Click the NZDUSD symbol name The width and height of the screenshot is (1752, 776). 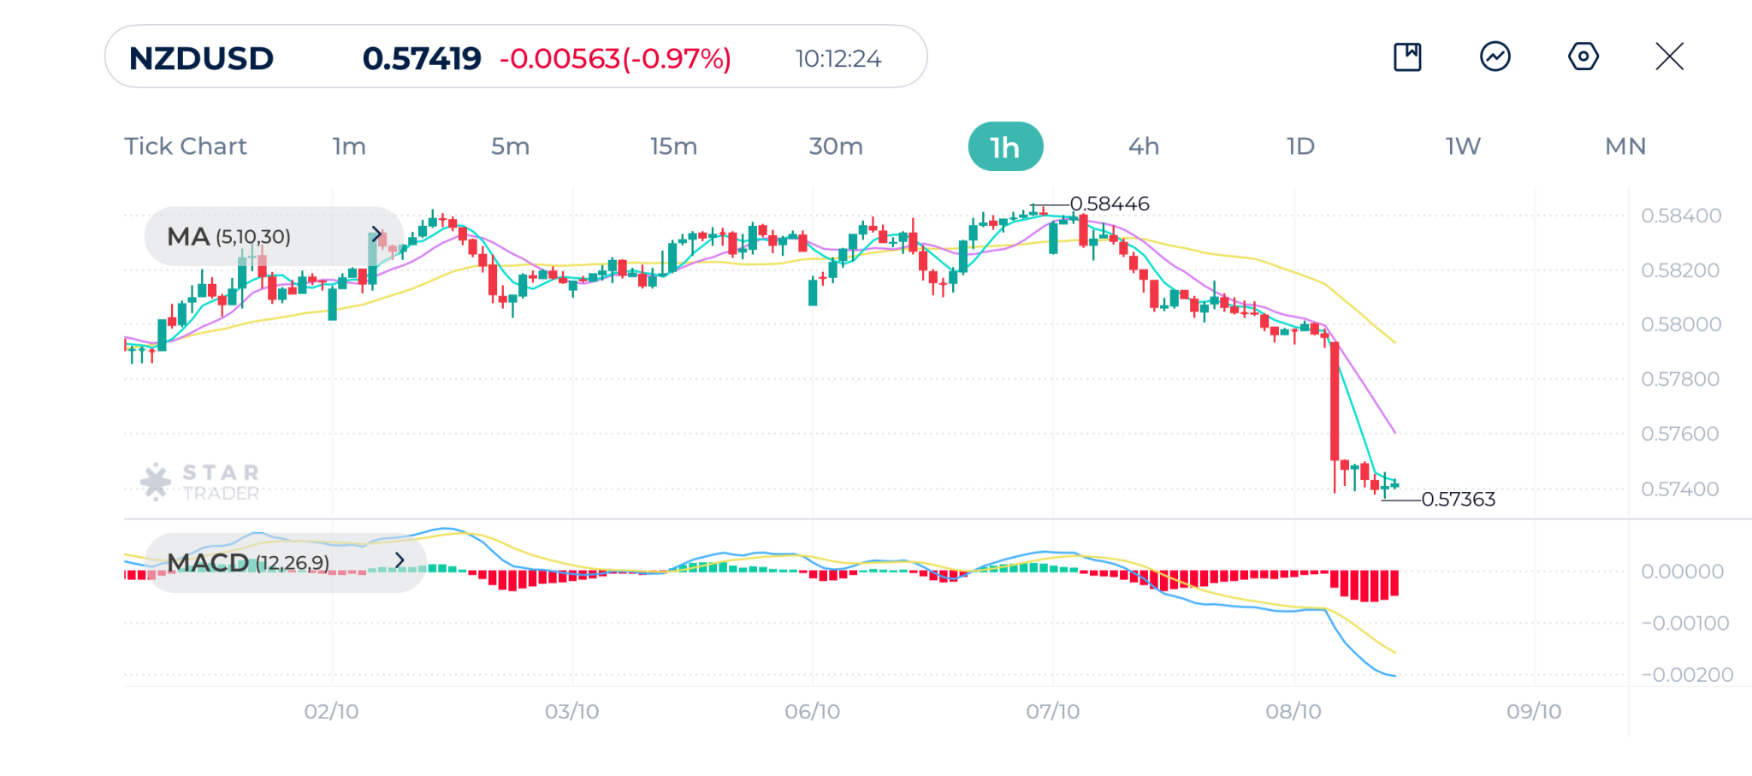pos(201,58)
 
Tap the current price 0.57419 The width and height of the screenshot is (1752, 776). pos(422,58)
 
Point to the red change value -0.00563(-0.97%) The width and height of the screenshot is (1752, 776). pos(615,58)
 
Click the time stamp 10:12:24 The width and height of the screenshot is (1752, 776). pos(838,58)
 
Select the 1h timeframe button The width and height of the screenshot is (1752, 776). pos(1005,147)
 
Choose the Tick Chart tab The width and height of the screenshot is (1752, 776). pos(186,146)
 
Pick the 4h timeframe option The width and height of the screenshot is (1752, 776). pos(1144,146)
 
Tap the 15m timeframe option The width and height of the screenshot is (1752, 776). pos(673,146)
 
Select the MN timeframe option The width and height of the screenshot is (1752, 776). pos(1625,146)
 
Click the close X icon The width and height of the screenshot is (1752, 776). pos(1669,56)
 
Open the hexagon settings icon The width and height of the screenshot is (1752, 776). pos(1583,56)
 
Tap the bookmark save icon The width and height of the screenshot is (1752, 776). pos(1407,56)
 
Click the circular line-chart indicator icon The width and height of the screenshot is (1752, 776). pos(1495,56)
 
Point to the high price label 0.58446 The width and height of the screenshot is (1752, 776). pos(1110,204)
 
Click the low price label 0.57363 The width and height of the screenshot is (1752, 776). pos(1458,499)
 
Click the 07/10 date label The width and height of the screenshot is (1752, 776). pos(1052,712)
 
